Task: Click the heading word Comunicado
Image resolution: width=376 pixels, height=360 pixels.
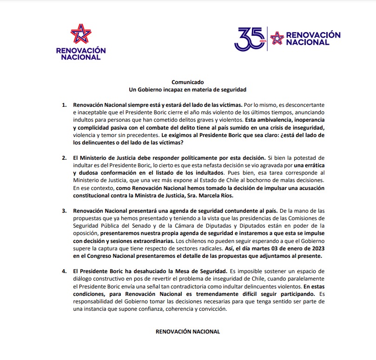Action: pyautogui.click(x=187, y=81)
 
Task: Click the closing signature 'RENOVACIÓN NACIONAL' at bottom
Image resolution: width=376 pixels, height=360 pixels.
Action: pyautogui.click(x=187, y=332)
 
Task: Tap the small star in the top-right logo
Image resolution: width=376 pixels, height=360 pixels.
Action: pyautogui.click(x=277, y=38)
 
